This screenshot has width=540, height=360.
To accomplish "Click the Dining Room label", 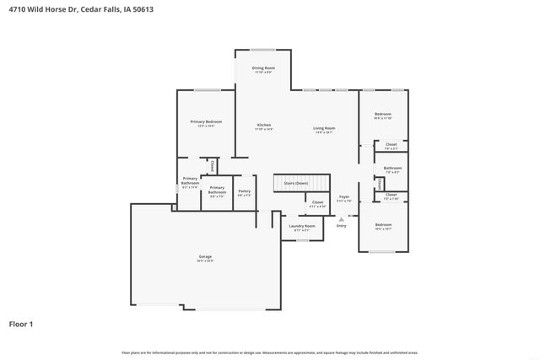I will pos(263,69).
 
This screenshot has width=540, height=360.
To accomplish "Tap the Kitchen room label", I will pos(264,126).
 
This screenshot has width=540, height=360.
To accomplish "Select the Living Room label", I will pos(324,129).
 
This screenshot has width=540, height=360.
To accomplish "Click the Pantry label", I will pos(245,193).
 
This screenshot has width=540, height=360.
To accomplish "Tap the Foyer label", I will pos(344,197).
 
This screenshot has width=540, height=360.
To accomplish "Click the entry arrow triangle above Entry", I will pos(341,218).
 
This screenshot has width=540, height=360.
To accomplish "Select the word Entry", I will pos(341,226).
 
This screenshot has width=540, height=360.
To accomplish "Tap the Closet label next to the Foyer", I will pos(317,203).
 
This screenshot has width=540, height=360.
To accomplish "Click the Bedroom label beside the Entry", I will pos(383,226).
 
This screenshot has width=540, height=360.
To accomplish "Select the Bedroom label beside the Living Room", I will pos(383,116).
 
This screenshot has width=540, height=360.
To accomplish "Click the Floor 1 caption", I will pos(21,323).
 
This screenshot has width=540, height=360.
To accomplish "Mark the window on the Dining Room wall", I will pos(262,49).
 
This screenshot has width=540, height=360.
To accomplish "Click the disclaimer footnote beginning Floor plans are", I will pos(270,352).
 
